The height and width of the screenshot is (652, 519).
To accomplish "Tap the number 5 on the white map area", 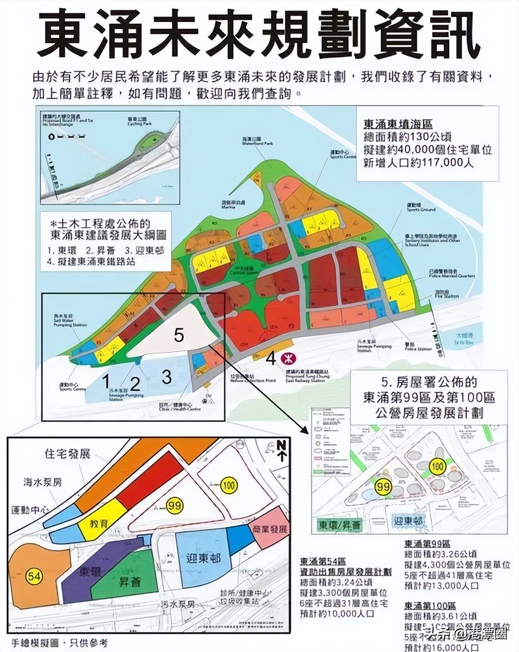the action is point(178,335).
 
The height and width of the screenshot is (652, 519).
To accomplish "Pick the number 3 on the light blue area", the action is point(166,377).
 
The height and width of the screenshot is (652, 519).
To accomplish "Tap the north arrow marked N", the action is point(281,451).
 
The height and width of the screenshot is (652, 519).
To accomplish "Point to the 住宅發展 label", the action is point(68,453).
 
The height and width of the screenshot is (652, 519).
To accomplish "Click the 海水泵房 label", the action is point(43,482).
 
